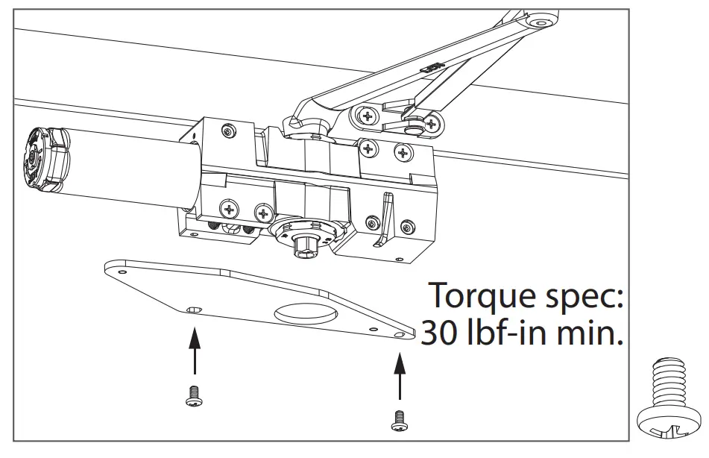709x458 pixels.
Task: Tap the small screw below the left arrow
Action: click(192, 398)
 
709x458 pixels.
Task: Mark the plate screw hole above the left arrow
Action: click(194, 310)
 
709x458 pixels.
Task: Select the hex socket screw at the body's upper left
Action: click(228, 131)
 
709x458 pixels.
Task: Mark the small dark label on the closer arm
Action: click(431, 67)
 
